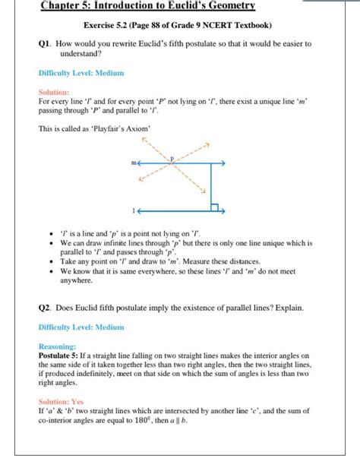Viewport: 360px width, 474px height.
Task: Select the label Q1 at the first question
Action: click(45, 44)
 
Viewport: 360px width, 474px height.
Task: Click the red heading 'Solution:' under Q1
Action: click(54, 91)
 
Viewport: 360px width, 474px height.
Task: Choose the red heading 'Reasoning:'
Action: click(57, 346)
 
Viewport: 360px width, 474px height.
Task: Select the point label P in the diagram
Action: click(172, 158)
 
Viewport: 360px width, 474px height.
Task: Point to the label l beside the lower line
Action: click(133, 209)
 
